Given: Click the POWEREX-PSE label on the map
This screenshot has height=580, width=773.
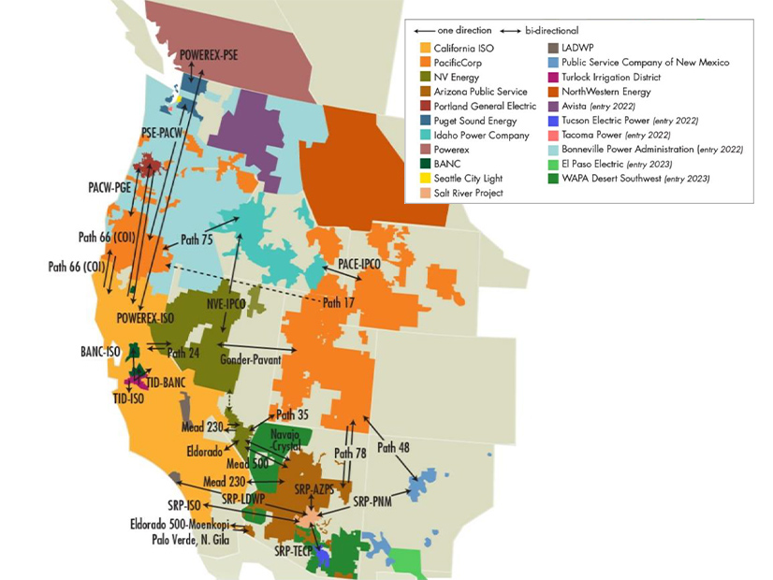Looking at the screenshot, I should click(209, 55).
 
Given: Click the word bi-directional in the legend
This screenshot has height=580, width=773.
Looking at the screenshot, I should click(545, 30).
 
